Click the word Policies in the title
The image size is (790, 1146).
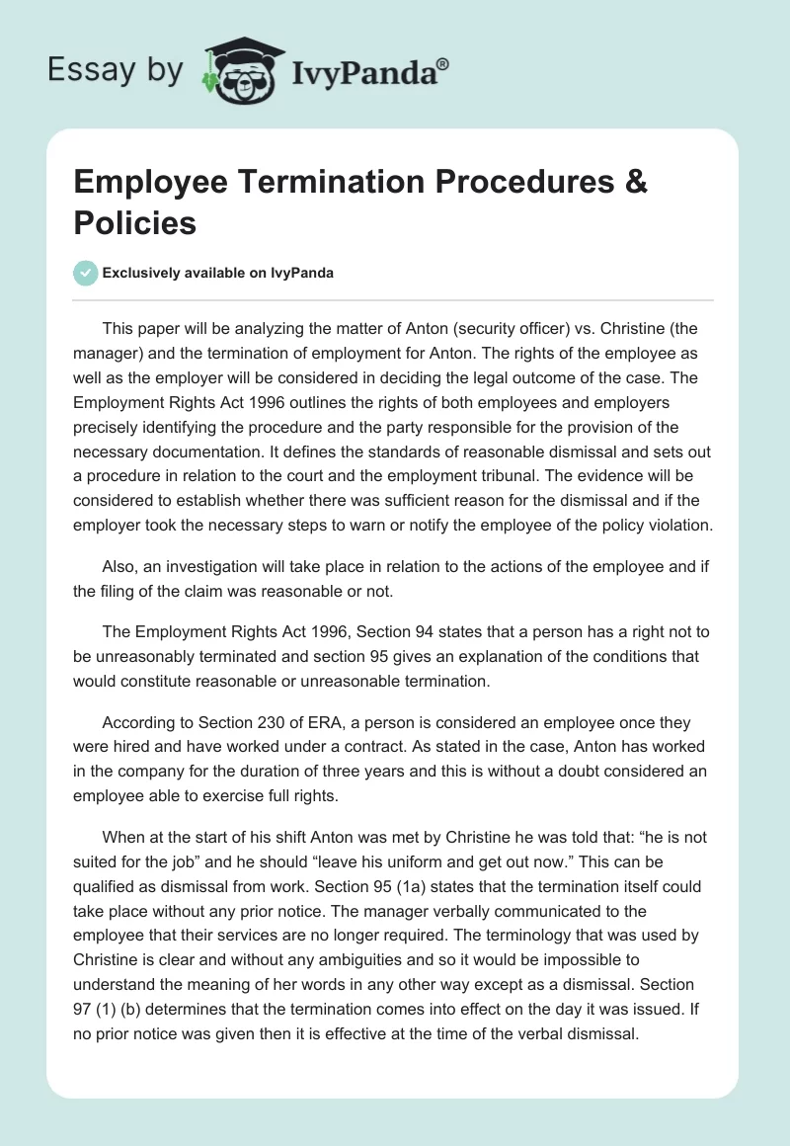point(135,223)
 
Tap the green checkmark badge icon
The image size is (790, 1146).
point(87,273)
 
